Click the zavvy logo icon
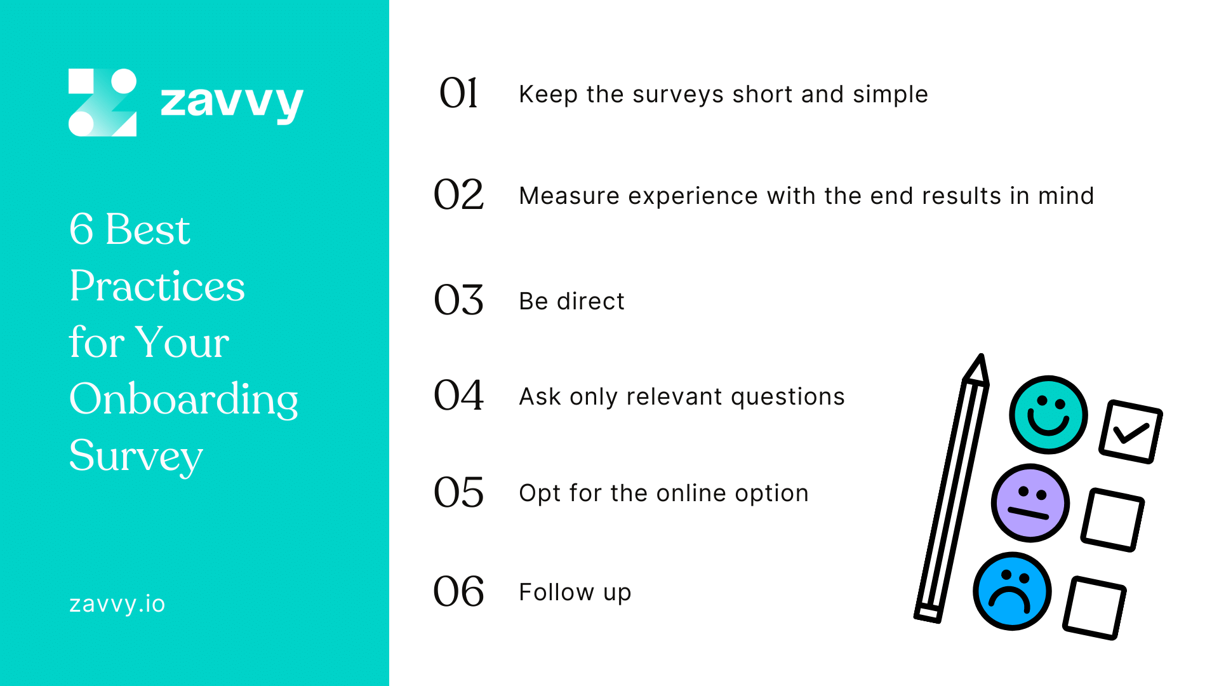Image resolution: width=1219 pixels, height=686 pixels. click(x=102, y=102)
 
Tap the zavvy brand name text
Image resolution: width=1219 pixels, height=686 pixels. click(x=232, y=102)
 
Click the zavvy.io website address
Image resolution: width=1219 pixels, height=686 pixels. click(x=117, y=603)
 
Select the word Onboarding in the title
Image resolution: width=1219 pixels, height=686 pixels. click(x=183, y=400)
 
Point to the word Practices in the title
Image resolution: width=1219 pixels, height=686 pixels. click(x=157, y=286)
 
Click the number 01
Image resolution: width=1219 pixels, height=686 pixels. click(x=458, y=93)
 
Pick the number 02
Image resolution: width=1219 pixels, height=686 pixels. click(x=458, y=195)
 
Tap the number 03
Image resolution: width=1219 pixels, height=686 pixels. click(x=458, y=300)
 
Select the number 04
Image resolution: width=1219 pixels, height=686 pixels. click(x=458, y=395)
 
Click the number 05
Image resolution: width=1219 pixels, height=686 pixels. click(x=458, y=492)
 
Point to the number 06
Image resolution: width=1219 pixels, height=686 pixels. click(x=458, y=591)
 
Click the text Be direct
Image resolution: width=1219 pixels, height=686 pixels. click(x=571, y=301)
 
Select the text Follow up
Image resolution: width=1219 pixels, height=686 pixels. click(x=575, y=592)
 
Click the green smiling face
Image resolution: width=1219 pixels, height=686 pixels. click(x=1048, y=415)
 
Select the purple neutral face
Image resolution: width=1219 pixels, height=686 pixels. click(x=1030, y=503)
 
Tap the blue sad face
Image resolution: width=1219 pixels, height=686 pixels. click(x=1012, y=591)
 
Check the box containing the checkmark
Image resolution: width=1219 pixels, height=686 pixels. click(x=1131, y=432)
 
